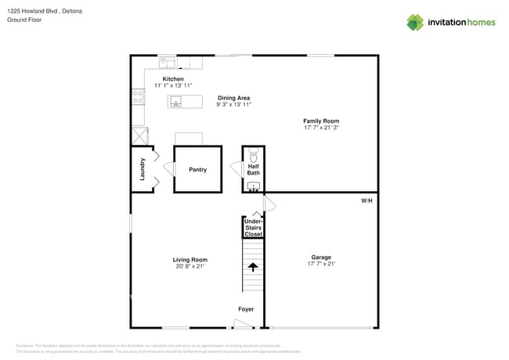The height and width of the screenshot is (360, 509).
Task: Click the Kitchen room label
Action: click(173, 79)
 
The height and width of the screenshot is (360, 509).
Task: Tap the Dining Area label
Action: click(233, 98)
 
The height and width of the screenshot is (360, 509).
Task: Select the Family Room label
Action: click(321, 121)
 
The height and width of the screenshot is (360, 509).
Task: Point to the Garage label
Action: click(321, 257)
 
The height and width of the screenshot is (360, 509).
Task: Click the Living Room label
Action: click(190, 259)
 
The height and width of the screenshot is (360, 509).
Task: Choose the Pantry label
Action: click(197, 169)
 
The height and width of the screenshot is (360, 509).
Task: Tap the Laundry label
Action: click(143, 169)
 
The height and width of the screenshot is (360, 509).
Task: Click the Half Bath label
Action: click(254, 169)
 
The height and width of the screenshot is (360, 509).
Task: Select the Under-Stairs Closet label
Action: click(253, 228)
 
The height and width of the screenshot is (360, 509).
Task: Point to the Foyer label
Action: click(246, 309)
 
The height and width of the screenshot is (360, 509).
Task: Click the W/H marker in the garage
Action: click(366, 201)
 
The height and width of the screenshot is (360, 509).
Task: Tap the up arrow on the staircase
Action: click(252, 267)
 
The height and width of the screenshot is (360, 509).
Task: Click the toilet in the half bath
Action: click(253, 155)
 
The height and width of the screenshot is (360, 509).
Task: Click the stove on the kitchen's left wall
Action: click(138, 97)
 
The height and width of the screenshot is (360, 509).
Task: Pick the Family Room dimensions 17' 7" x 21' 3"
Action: click(321, 128)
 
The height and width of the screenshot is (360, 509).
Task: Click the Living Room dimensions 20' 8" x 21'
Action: click(190, 267)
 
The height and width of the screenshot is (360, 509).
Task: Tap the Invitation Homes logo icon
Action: click(415, 22)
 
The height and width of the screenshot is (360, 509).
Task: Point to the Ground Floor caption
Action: click(23, 20)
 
